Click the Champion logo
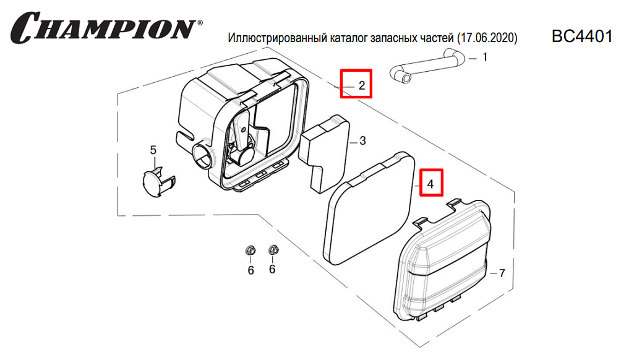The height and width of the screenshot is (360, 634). (105, 27)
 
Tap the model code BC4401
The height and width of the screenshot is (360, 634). (581, 36)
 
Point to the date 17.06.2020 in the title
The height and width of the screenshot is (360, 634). (486, 38)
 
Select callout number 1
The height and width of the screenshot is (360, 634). (485, 58)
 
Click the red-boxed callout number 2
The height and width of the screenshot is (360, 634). (362, 85)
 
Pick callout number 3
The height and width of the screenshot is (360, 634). (362, 141)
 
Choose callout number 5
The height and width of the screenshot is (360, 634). (153, 150)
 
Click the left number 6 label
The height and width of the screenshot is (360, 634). (251, 270)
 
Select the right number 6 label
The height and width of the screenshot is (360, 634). (272, 270)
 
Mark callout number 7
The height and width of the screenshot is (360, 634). (502, 273)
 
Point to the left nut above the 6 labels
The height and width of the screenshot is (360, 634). (251, 251)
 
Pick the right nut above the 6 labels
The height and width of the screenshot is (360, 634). (272, 251)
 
